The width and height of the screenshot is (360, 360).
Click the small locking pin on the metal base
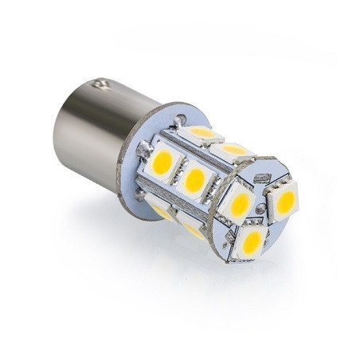click(100, 83)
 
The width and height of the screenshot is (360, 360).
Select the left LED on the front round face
click(239, 202)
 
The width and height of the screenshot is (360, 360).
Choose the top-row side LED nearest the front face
click(234, 149)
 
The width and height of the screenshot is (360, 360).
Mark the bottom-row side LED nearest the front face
click(194, 229)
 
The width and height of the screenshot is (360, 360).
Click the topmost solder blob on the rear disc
click(181, 119)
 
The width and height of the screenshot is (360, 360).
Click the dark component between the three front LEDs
click(260, 212)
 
